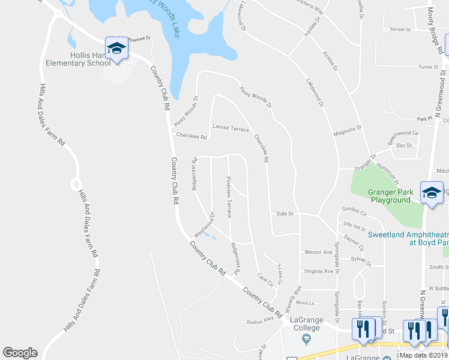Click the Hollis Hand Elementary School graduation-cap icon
[x=116, y=49]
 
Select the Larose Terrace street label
[x=231, y=128]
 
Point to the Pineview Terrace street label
[x=229, y=197]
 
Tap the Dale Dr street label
[x=285, y=213]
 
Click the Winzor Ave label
[x=318, y=252]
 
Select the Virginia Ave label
[x=318, y=271]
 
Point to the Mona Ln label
[x=305, y=302]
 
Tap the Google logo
[x=20, y=353]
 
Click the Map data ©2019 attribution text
[x=424, y=355]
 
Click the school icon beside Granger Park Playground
[x=432, y=193]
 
